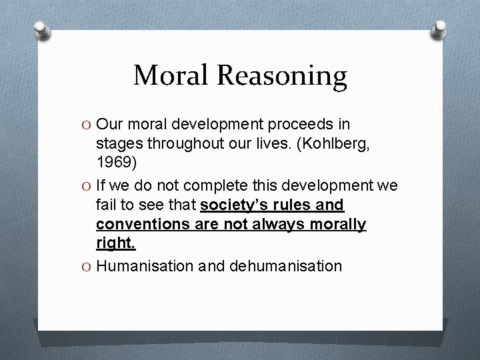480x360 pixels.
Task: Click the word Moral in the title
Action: pos(172,75)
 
